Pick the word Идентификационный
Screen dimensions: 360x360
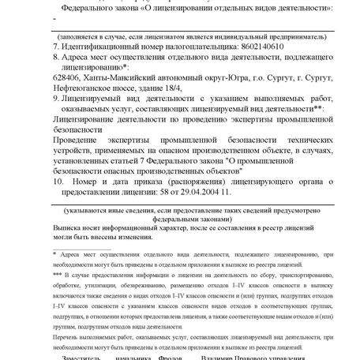(100, 47)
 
